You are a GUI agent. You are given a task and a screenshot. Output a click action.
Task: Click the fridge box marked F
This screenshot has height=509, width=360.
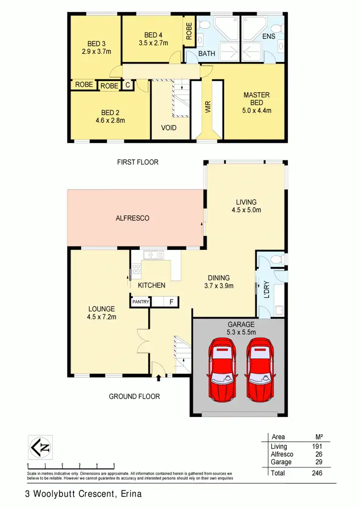pyautogui.click(x=171, y=302)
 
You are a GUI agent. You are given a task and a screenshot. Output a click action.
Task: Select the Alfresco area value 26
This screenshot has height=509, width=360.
pyautogui.click(x=318, y=454)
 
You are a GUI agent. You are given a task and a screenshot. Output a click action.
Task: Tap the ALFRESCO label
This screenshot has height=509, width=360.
pyautogui.click(x=133, y=218)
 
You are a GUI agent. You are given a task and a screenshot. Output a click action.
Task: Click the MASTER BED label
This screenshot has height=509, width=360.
pyautogui.click(x=256, y=98)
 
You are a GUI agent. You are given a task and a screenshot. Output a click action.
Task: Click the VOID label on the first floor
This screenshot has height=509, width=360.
pyautogui.click(x=169, y=128)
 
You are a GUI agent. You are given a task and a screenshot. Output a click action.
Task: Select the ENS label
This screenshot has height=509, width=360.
pyautogui.click(x=268, y=36)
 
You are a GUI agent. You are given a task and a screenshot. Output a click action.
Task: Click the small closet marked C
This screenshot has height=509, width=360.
pyautogui.click(x=127, y=85)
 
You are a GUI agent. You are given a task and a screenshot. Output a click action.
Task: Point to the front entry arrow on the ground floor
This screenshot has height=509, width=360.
pyautogui.click(x=158, y=379)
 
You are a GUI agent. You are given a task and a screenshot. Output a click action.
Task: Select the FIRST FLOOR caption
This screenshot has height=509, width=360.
pyautogui.click(x=138, y=162)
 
